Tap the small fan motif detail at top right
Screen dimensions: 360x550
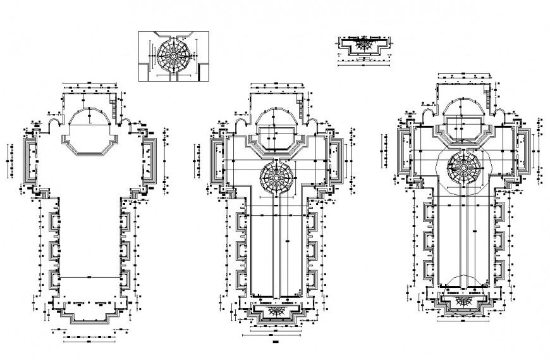tap(363, 45)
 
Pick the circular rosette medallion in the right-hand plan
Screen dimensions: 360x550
tap(464, 166)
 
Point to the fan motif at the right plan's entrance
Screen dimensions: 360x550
tap(467, 299)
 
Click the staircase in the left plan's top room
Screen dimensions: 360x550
tap(114, 102)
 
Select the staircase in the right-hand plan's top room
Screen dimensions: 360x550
tap(488, 94)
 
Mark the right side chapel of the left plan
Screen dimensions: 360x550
tap(150, 161)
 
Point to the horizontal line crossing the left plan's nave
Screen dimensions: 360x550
tap(89, 278)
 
